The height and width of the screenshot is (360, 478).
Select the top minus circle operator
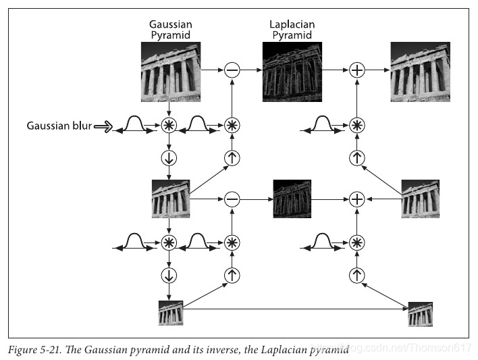[232, 70]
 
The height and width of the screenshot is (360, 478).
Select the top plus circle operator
[356, 70]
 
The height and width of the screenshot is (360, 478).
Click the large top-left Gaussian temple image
[170, 68]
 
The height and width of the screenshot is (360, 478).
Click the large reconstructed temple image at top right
[420, 71]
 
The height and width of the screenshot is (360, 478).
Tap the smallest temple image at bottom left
[170, 314]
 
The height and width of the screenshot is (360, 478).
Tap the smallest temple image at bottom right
[420, 314]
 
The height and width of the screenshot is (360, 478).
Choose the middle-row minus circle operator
[232, 199]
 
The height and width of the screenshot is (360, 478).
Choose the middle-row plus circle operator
[356, 199]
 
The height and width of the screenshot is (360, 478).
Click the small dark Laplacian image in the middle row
[292, 199]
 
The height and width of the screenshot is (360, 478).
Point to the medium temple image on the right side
[420, 199]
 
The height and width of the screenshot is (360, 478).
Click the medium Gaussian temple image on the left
[170, 199]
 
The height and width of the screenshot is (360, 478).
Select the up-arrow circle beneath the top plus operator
[356, 159]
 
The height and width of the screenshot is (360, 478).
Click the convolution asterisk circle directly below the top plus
[356, 125]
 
